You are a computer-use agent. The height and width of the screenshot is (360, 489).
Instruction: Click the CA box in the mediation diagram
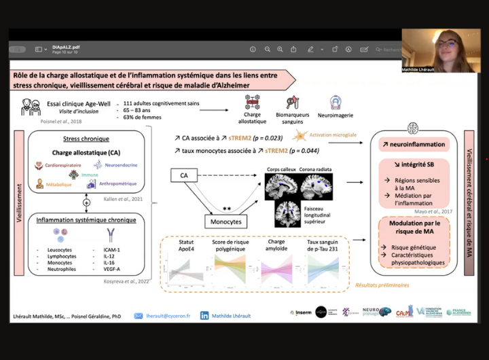pyautogui.click(x=183, y=176)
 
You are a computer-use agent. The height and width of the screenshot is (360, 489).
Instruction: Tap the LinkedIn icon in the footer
pyautogui.click(x=204, y=316)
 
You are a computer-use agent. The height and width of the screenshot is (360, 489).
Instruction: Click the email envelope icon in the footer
pyautogui.click(x=139, y=316)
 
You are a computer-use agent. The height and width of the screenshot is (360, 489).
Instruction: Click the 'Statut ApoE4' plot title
pyautogui.click(x=186, y=246)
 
